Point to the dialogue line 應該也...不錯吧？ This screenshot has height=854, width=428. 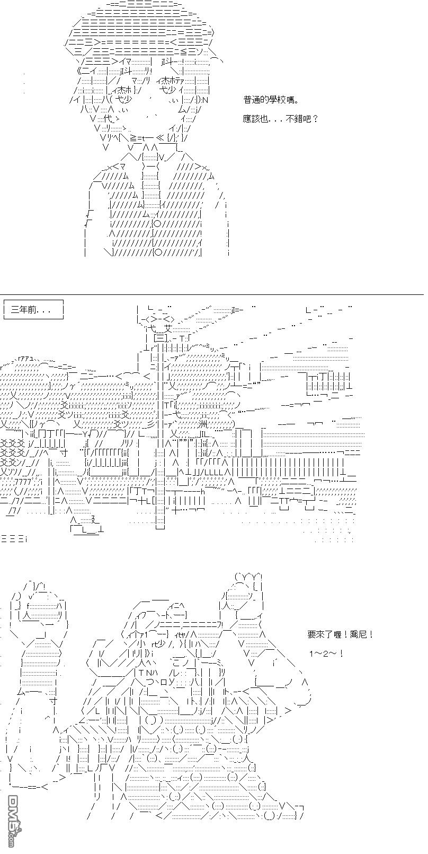tap(281, 119)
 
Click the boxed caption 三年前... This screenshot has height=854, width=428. tap(33, 310)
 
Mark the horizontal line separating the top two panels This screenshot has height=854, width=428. tap(212, 294)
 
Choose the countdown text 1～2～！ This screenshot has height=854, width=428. tap(326, 653)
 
